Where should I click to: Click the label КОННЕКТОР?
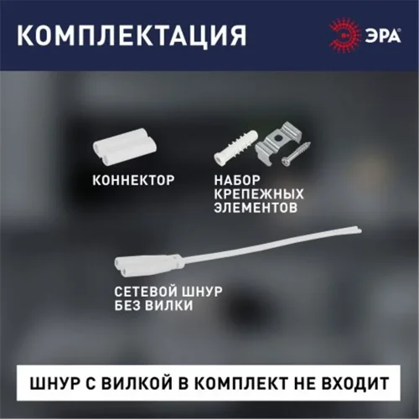tap(132, 179)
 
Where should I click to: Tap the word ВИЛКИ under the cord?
tap(168, 307)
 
